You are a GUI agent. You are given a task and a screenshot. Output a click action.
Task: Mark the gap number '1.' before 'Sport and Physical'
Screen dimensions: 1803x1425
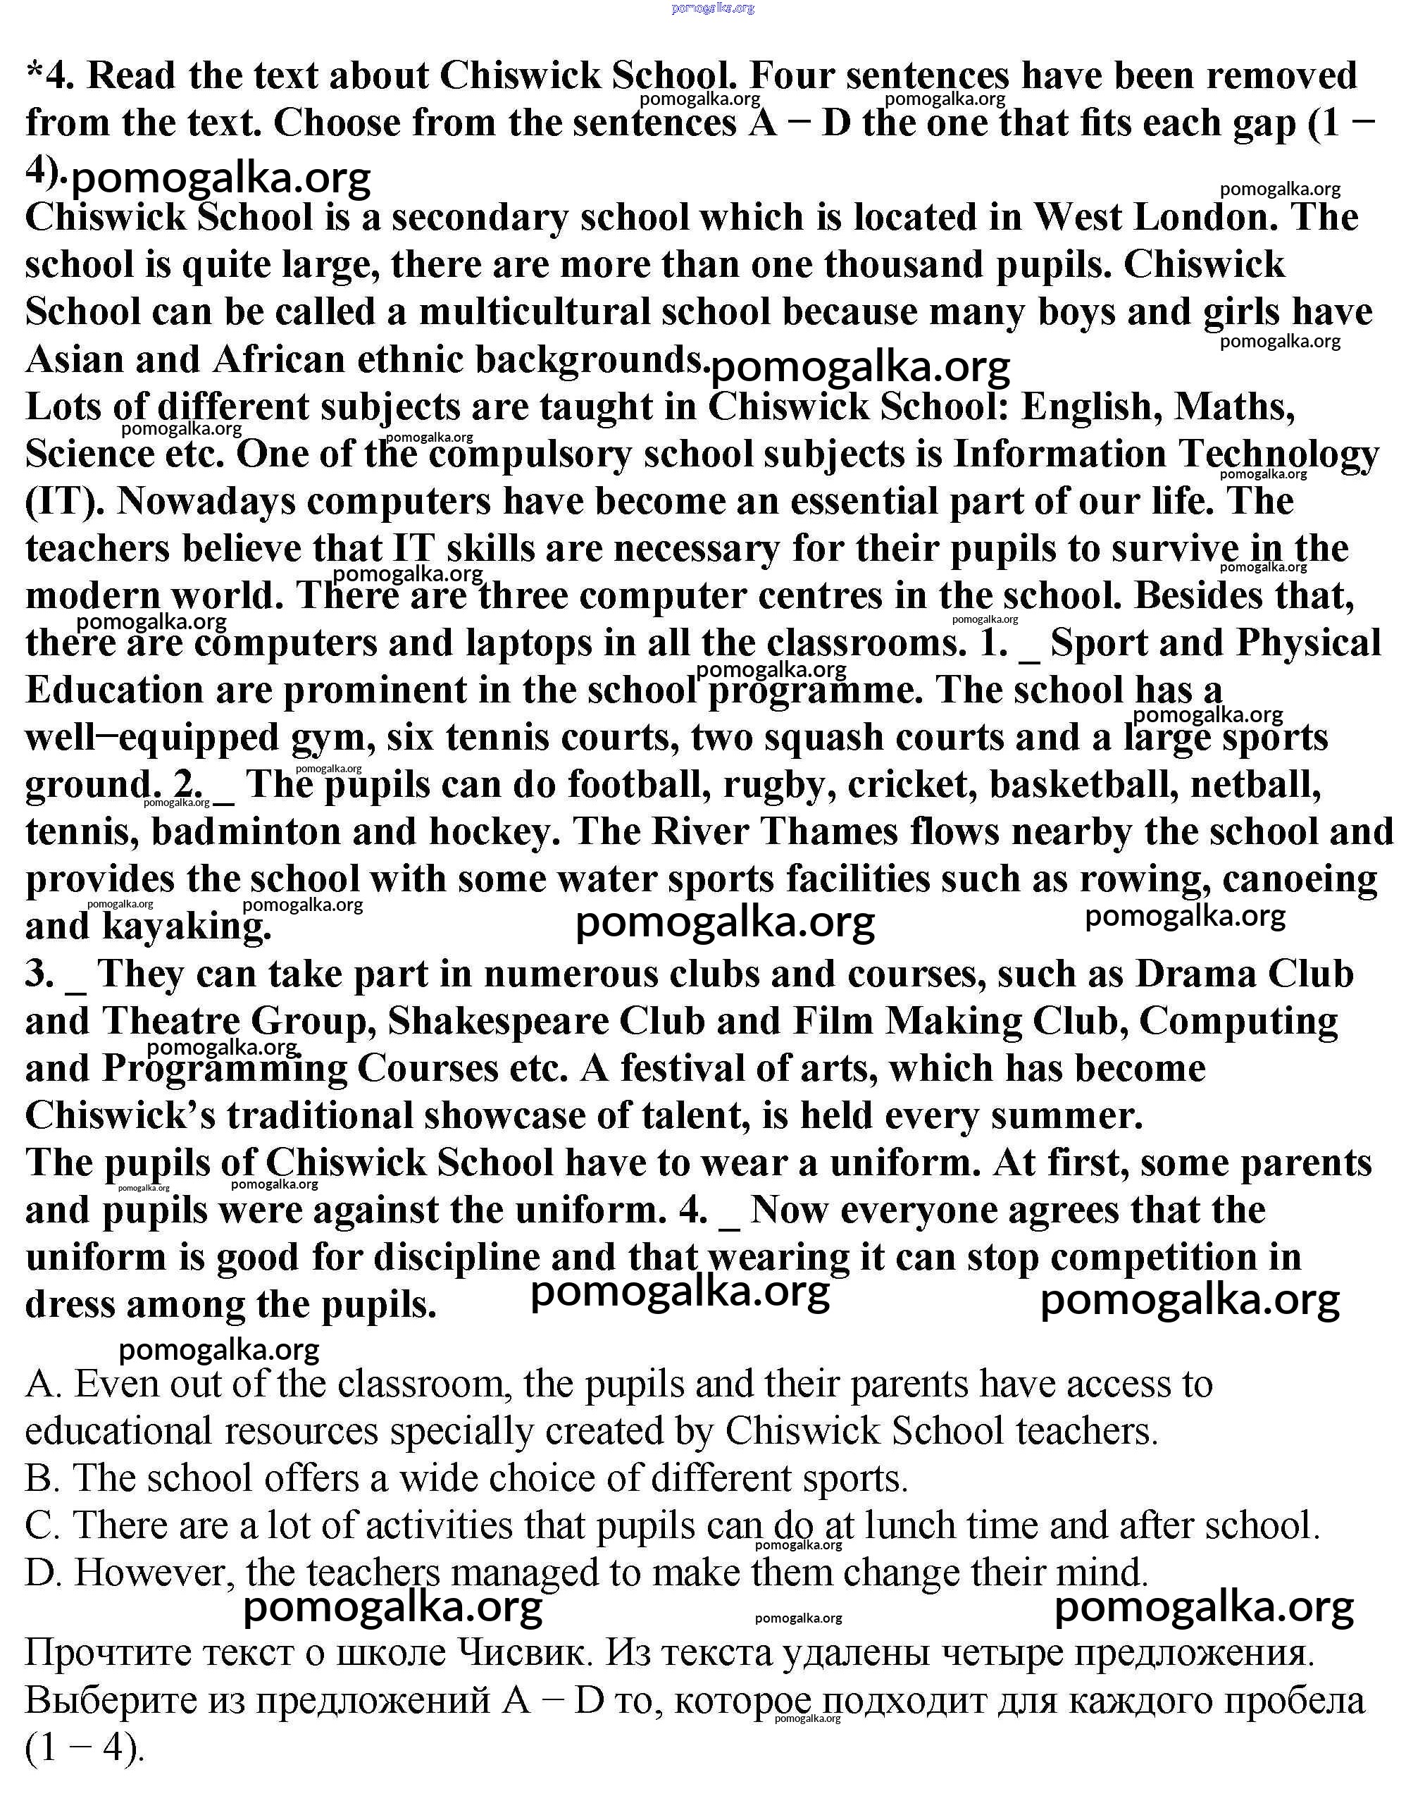pos(994,643)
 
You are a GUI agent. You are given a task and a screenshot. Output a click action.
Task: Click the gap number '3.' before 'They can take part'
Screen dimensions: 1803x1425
pos(40,974)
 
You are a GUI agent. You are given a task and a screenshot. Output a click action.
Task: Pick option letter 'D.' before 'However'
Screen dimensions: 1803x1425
pos(44,1573)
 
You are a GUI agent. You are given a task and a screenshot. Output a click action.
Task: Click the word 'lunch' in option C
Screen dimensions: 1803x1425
pos(920,1526)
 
